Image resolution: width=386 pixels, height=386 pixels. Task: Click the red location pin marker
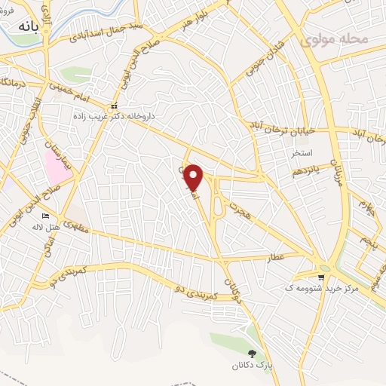[x=194, y=177]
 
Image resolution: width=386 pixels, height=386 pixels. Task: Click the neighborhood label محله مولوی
[x=334, y=38]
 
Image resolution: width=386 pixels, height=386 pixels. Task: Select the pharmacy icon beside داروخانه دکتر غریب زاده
[x=115, y=106]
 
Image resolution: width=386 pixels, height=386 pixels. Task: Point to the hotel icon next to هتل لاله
[x=45, y=216]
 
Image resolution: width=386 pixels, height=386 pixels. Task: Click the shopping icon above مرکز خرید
[x=321, y=277]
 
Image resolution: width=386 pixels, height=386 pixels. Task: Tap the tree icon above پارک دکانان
[x=252, y=353]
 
